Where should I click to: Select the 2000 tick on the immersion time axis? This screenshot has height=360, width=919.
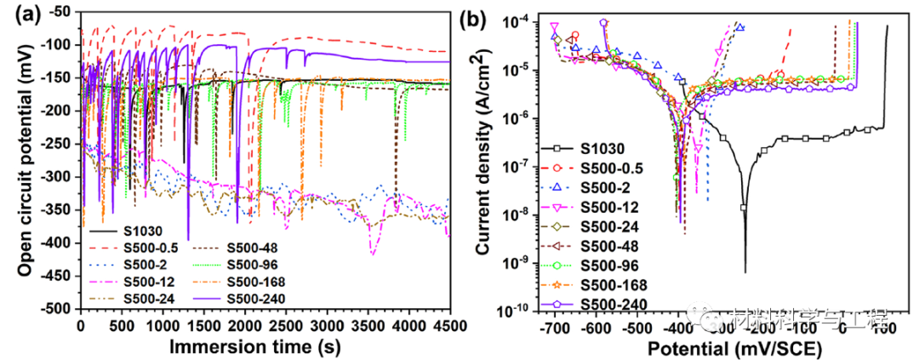(244, 325)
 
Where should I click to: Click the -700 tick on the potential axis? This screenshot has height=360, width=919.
(554, 327)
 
